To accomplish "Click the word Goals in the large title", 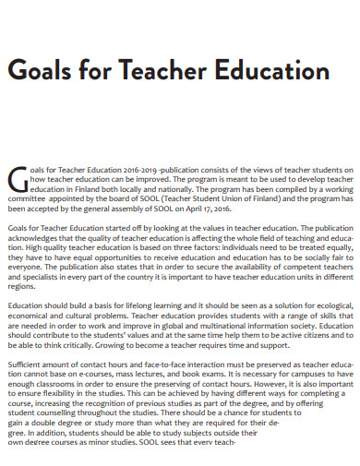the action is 46,73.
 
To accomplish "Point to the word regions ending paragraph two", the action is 22,286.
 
